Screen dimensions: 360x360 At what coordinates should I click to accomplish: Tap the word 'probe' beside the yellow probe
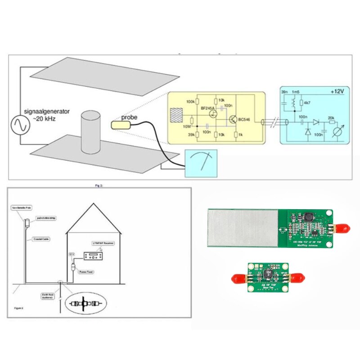click(129, 117)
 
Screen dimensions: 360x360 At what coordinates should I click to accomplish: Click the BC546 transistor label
click(245, 120)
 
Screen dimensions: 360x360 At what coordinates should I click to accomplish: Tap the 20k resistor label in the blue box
click(331, 118)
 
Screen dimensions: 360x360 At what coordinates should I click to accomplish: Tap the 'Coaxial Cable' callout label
click(41, 239)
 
